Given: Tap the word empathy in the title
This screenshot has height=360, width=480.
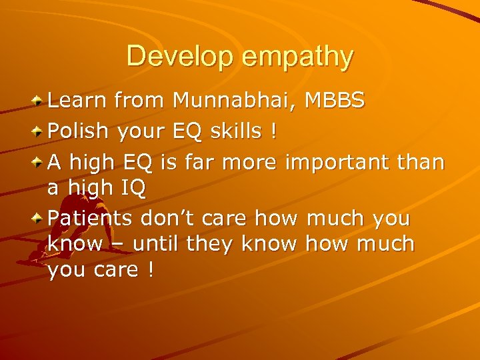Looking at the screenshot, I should click(297, 57).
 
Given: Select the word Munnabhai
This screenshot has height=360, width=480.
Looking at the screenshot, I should click(233, 101).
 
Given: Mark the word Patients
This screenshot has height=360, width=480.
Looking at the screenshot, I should click(91, 219).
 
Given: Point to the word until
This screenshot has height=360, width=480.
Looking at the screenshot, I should click(156, 245).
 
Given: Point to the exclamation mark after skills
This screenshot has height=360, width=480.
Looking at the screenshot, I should click(272, 131).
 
